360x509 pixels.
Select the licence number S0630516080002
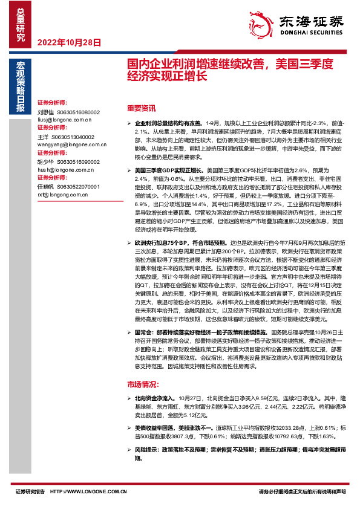[x=77, y=112]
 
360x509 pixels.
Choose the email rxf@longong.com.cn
[x=64, y=195]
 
